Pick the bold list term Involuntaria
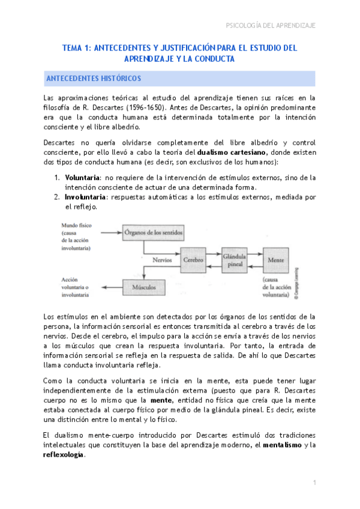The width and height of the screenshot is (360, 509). click(85, 196)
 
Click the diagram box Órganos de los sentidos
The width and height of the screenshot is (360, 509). click(153, 232)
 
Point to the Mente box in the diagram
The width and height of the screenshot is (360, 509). click(276, 260)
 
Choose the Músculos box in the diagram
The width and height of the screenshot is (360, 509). click(143, 288)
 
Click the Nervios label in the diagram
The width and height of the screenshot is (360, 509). click(163, 261)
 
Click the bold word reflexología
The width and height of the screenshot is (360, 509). click(64, 454)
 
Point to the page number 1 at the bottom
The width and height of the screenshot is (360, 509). click(314, 482)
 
